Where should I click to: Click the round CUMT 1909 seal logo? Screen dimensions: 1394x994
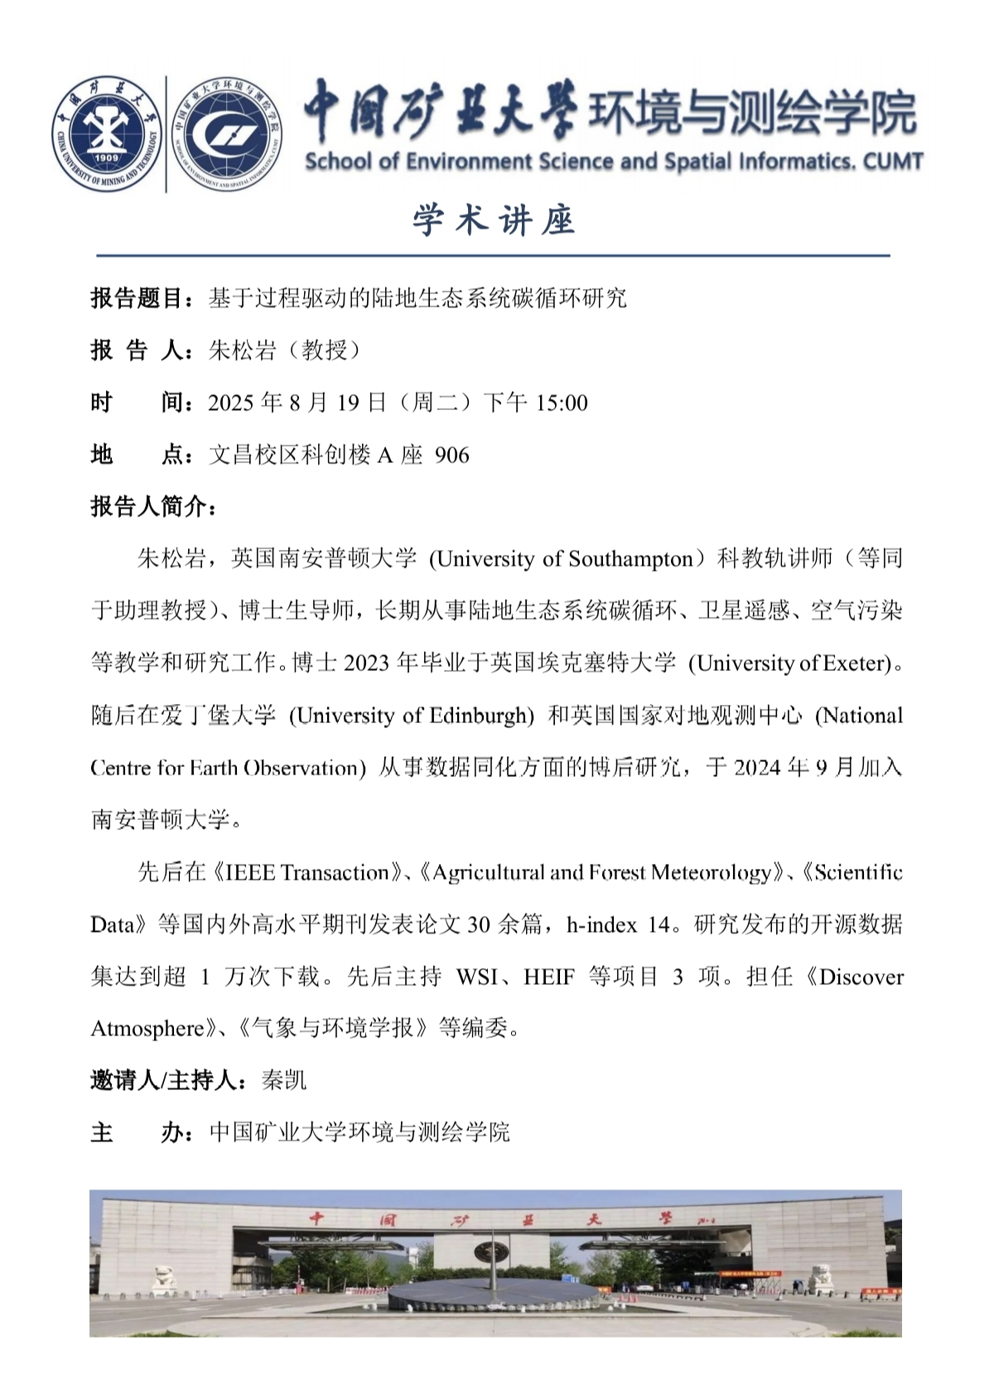pos(107,133)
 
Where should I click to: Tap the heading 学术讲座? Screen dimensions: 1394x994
pos(494,221)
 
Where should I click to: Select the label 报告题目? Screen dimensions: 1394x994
pos(137,298)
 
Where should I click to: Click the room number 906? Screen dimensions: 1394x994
pos(451,456)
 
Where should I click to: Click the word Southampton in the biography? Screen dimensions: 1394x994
pos(630,559)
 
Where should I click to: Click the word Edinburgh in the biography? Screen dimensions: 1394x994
pos(480,716)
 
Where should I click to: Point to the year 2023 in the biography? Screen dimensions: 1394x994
pos(366,663)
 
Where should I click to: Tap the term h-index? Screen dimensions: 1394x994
pos(602,924)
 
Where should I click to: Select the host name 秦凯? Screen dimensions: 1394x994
pos(283,1081)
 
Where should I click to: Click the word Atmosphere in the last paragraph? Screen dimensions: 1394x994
pos(147,1029)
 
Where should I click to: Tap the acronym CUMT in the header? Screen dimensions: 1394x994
pos(893,162)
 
